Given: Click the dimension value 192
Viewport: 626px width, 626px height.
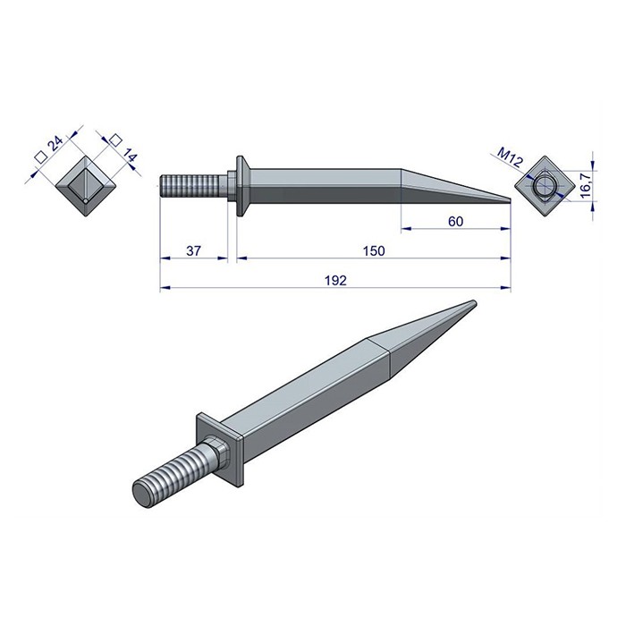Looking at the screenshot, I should [x=337, y=280].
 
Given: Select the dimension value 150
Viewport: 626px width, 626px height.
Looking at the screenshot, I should [x=374, y=251].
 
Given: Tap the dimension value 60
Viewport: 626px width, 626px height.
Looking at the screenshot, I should [x=455, y=222].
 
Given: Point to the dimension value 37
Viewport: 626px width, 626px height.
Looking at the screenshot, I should [x=193, y=251].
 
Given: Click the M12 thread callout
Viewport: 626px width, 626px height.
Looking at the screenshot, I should [x=510, y=160].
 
